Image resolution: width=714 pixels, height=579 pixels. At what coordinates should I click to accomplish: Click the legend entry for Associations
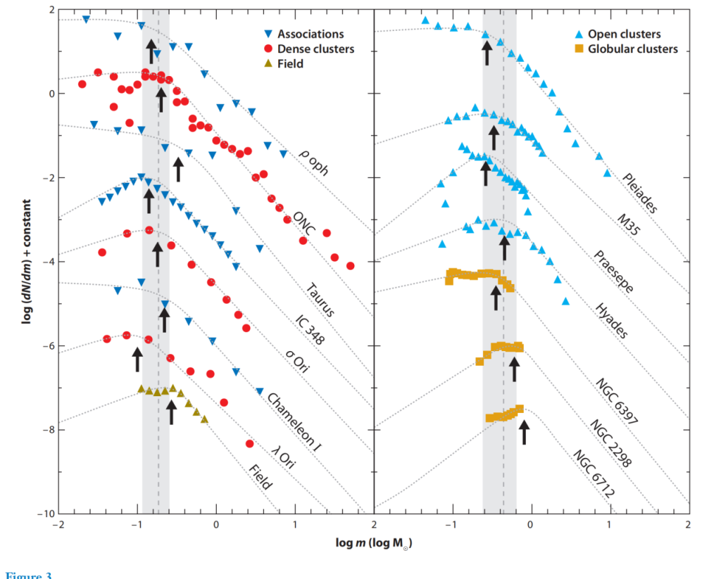click(x=310, y=34)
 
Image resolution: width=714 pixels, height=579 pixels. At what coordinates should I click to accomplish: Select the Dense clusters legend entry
click(x=315, y=49)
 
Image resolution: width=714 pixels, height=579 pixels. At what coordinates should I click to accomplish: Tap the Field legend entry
click(x=290, y=63)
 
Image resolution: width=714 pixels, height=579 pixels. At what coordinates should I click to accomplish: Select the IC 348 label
click(x=309, y=327)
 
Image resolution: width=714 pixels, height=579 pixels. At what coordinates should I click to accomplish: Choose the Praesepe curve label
click(x=613, y=272)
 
